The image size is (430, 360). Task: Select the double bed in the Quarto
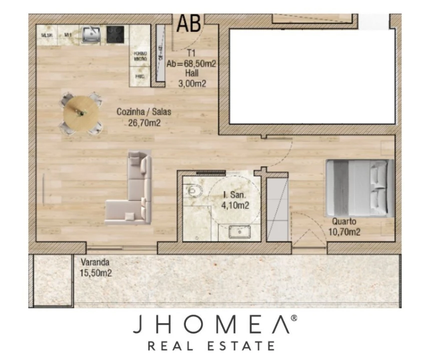[x=359, y=188]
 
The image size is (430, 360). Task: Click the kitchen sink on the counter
[x=92, y=34]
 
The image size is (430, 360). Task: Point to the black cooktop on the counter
[x=116, y=34]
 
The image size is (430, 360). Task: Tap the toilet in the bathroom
[x=192, y=190]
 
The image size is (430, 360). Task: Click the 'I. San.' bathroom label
[x=233, y=194]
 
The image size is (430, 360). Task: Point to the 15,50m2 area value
[x=95, y=273]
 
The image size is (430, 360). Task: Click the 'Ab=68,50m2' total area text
[x=191, y=64]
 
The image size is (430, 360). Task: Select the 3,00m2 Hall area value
[x=192, y=84]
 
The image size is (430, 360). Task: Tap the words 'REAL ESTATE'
[x=211, y=346]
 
